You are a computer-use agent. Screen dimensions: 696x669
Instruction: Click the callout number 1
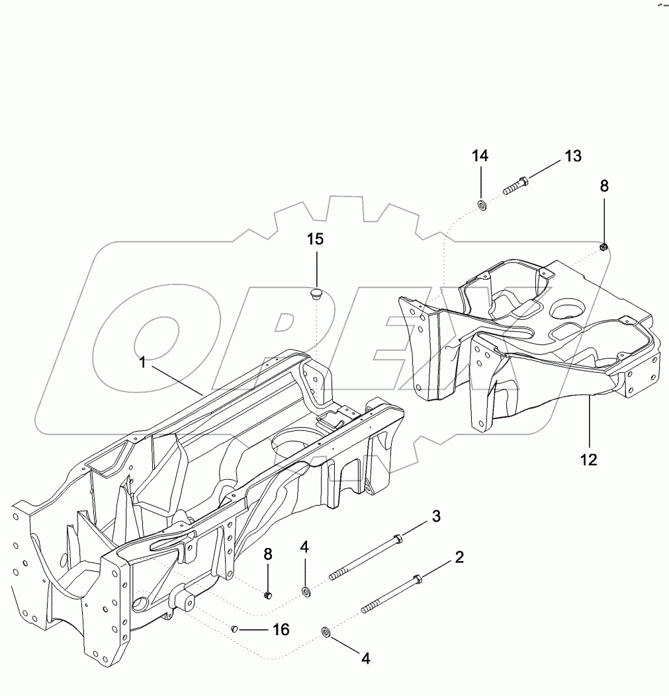[142, 362]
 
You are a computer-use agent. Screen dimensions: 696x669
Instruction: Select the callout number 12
[588, 459]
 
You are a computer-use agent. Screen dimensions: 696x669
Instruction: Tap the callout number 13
[572, 156]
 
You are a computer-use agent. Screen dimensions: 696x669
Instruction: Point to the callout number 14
[480, 156]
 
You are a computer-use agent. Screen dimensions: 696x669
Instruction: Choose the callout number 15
[316, 239]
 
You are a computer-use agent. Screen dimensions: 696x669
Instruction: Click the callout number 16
[281, 629]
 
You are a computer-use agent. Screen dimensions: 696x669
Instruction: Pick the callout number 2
[458, 557]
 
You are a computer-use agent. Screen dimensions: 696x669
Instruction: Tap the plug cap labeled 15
[316, 293]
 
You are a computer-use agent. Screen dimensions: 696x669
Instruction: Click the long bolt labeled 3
[367, 557]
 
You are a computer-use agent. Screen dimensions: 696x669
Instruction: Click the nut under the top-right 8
[603, 247]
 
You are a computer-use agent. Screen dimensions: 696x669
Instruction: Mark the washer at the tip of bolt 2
[326, 633]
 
